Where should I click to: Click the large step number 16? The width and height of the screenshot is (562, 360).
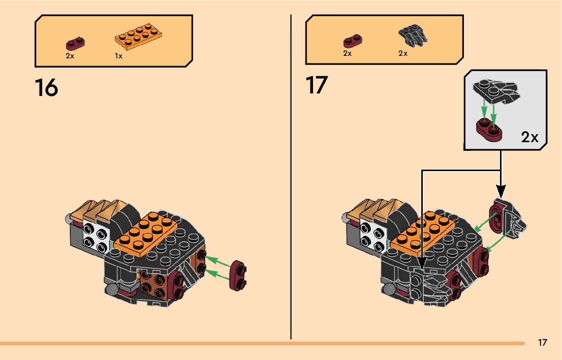pos(46,87)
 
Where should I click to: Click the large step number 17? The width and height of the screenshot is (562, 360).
pos(317,85)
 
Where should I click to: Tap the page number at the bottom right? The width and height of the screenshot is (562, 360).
pos(542,343)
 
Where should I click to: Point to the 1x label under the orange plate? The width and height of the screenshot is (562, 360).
pos(118,56)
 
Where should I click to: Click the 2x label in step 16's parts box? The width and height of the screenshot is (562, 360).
pos(70,56)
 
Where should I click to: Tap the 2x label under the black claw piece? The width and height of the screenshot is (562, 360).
pos(403,53)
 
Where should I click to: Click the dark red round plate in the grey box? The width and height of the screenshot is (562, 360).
pos(489,129)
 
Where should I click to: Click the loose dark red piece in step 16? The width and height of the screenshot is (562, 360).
pos(238,276)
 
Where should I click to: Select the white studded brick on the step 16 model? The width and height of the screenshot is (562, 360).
pos(96,238)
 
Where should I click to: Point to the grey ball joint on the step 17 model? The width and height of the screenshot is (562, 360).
pos(389,289)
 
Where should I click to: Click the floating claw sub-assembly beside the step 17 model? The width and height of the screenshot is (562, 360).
pos(506,220)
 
